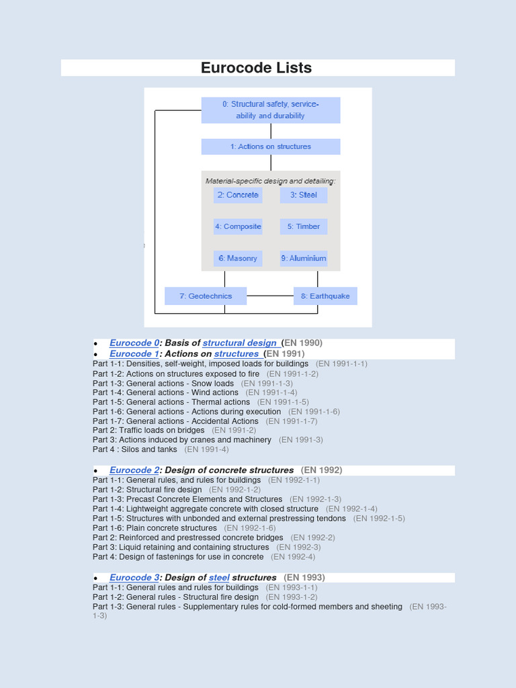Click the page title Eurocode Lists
256,68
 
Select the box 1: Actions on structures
271,146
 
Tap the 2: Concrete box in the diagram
237,195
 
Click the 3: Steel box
304,195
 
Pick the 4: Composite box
238,226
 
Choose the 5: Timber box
304,226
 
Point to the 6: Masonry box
237,258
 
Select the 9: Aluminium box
304,258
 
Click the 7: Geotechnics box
206,296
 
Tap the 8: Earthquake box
325,296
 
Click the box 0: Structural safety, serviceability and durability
271,110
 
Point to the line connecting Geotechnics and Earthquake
270,296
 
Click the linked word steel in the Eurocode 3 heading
219,578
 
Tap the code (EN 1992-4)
293,557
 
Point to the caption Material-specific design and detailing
271,181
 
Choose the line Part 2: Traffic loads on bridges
148,430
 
